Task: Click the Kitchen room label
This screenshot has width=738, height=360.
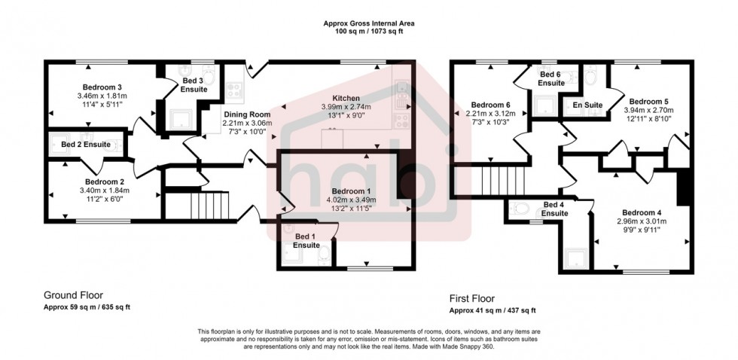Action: tap(346, 99)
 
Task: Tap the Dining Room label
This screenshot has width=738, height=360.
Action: tap(247, 114)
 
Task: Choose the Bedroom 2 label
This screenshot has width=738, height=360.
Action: tap(105, 182)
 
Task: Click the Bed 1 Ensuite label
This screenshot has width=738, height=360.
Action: tap(306, 241)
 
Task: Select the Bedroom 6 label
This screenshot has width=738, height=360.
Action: tap(490, 105)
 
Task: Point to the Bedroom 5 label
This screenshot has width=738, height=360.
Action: tap(649, 101)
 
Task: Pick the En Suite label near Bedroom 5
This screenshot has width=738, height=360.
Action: tap(588, 105)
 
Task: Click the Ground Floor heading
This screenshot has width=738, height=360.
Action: tap(73, 296)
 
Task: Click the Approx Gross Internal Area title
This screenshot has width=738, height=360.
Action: tap(368, 24)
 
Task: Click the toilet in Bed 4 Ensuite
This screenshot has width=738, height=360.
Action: tap(520, 208)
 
